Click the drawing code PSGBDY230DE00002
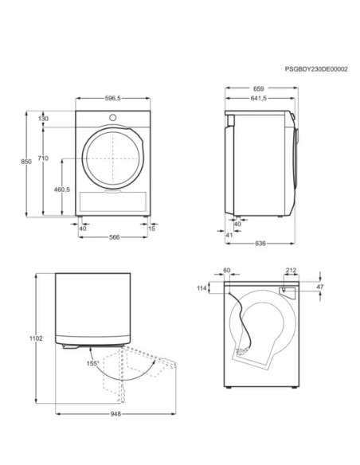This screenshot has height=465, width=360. pyautogui.click(x=316, y=69)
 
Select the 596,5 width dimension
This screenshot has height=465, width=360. pyautogui.click(x=112, y=98)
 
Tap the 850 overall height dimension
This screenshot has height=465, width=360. pyautogui.click(x=26, y=162)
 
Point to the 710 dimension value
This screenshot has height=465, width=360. pyautogui.click(x=43, y=158)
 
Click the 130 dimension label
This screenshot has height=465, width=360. pyautogui.click(x=43, y=119)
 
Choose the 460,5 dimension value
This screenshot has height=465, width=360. pyautogui.click(x=62, y=190)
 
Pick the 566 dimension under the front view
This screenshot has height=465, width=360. pyautogui.click(x=114, y=237)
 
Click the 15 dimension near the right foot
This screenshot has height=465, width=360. pyautogui.click(x=151, y=229)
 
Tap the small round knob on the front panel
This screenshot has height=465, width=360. pyautogui.click(x=112, y=118)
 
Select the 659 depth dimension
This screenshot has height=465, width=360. pyautogui.click(x=259, y=88)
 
